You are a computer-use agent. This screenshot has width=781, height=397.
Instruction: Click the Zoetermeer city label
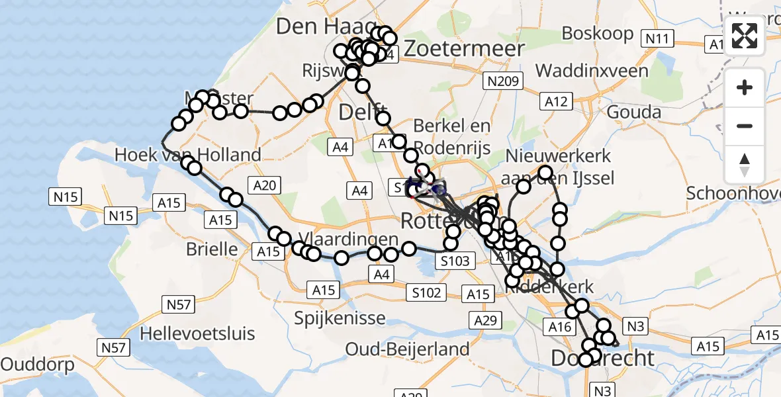pos(465,48)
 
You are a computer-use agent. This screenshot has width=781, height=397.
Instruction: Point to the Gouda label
pos(633,112)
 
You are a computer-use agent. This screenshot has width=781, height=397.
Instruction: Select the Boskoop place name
pos(594,33)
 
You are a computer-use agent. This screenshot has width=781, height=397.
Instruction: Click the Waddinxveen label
pos(592,70)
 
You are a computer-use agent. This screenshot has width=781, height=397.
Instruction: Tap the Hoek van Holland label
pos(188,155)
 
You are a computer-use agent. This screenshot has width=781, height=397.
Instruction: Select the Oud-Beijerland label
pos(408,349)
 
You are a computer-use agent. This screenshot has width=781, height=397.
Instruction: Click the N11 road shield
pos(658,38)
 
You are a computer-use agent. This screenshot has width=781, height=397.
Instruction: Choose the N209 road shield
pos(503,81)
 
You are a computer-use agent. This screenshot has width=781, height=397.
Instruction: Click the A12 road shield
pos(555,101)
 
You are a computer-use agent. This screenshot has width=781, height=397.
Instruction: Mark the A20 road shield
pos(264,186)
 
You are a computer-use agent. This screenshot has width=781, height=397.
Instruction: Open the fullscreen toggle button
pos(745,37)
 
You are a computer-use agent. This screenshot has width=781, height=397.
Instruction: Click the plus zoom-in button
pos(745,87)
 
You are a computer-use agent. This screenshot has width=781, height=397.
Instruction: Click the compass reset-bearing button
pos(745,164)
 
